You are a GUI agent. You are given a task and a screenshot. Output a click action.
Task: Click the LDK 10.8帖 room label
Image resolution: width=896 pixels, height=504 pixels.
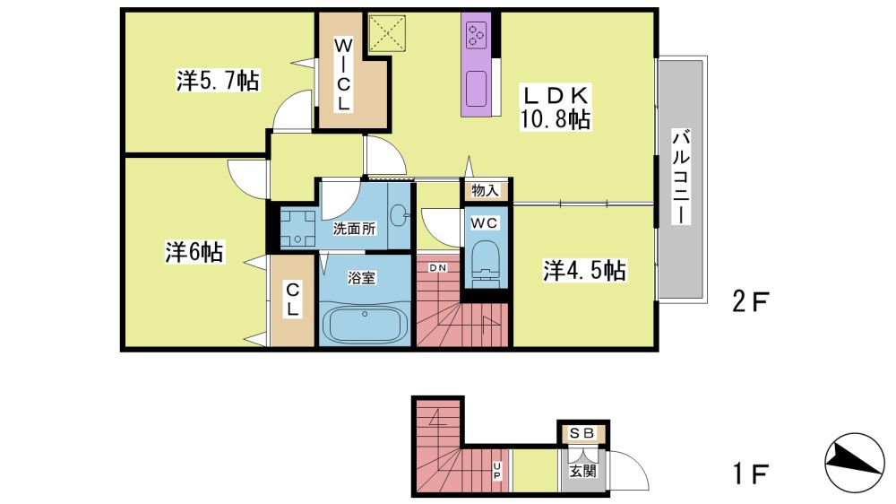point(555,108)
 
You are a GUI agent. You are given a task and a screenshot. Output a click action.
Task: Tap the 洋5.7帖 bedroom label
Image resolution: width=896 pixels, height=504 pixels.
point(218,81)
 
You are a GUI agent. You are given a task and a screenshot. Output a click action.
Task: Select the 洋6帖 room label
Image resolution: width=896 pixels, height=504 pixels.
point(194,252)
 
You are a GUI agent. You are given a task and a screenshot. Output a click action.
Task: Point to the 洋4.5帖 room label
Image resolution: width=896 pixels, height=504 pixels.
point(584,270)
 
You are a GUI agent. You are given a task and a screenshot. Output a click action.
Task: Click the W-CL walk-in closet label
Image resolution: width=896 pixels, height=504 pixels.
point(343,74)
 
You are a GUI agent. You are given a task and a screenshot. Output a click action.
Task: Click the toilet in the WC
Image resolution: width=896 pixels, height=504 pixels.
point(485,263)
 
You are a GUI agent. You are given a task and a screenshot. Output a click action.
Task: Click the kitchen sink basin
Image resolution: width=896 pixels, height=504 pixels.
point(476,89)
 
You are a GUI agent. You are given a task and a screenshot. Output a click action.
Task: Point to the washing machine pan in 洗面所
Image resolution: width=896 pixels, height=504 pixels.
point(297,229)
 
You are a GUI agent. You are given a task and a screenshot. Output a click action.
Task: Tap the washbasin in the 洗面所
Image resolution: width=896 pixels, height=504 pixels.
point(399,215)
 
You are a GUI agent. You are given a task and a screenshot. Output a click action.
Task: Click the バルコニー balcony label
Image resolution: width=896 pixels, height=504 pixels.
point(681,177)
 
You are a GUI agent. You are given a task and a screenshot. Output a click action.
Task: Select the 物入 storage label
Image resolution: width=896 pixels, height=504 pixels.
point(485,190)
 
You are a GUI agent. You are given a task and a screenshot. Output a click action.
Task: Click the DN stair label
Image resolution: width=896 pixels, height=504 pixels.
point(438,268)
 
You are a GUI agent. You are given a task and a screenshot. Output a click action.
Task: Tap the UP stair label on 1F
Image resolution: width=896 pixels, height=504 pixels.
point(496,472)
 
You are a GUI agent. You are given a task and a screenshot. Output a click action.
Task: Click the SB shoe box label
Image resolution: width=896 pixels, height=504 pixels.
point(582,434)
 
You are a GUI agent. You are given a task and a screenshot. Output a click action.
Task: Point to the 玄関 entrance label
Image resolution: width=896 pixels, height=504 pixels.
point(582,472)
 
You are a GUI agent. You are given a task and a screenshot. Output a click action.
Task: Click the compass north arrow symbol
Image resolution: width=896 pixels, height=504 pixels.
point(854,462)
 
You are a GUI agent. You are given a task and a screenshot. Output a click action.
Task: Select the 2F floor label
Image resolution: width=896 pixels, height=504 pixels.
point(750,301)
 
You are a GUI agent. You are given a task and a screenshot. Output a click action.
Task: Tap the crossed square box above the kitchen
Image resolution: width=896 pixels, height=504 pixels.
point(387,33)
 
